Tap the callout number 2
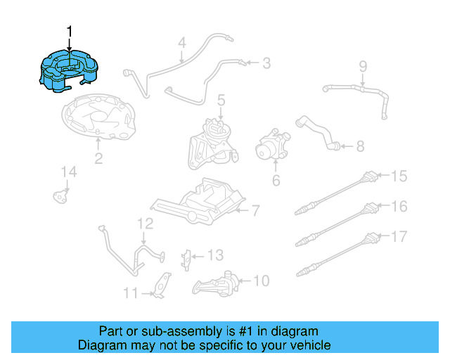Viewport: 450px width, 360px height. (98, 159)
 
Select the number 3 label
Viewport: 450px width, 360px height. (266, 64)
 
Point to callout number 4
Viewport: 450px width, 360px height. (181, 43)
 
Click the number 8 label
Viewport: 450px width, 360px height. (360, 146)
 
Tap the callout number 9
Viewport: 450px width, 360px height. (363, 67)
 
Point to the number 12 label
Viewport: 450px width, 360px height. (144, 224)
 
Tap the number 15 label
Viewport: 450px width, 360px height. (399, 176)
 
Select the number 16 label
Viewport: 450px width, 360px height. (399, 206)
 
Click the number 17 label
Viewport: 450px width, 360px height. (399, 236)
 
